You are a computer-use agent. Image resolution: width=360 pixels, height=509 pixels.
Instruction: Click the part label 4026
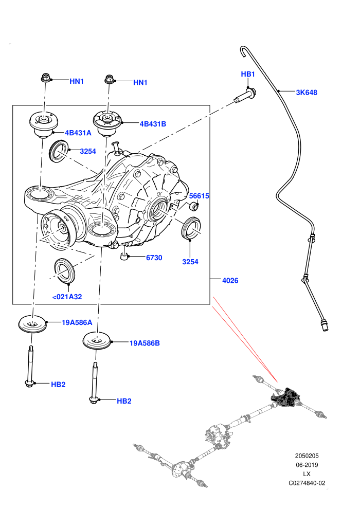click(230, 281)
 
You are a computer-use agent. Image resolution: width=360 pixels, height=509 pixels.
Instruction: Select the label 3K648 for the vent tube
click(307, 93)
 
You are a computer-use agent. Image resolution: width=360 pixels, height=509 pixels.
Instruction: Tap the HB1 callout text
click(248, 75)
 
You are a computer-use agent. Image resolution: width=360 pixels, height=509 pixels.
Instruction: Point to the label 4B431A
click(78, 133)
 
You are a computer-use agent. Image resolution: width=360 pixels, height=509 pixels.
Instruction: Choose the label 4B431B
click(153, 124)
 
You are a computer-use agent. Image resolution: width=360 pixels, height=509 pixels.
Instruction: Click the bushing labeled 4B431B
click(107, 124)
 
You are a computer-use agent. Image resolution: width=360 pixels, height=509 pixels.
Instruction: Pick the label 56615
click(199, 196)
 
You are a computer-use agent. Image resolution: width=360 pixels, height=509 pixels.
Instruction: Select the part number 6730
click(154, 258)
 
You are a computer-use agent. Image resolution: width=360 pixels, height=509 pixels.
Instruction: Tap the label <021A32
click(67, 297)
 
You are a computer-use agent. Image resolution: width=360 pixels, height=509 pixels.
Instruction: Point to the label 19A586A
click(77, 323)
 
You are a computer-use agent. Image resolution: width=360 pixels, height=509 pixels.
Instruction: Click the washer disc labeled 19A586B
click(97, 341)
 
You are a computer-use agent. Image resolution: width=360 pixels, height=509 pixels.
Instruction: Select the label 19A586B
click(145, 343)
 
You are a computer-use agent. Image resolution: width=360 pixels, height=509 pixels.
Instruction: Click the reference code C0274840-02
click(307, 483)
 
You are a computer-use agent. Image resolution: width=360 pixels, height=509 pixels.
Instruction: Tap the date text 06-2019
click(307, 465)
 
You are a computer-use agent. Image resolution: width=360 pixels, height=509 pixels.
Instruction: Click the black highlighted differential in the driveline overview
click(285, 397)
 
